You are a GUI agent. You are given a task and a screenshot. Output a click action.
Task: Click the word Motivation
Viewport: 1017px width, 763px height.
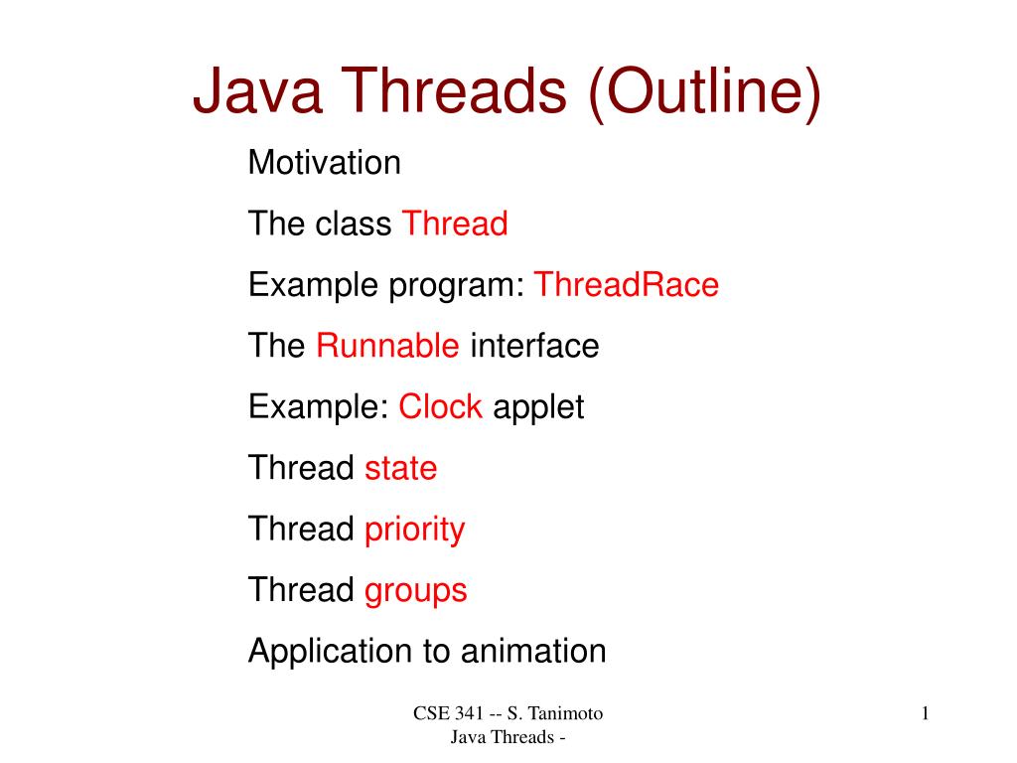[324, 162]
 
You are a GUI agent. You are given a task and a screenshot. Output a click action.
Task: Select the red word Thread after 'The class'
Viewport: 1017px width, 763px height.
[454, 224]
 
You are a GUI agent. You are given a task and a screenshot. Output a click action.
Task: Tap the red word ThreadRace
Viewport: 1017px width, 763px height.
[626, 285]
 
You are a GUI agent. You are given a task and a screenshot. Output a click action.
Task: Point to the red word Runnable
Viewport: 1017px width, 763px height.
[387, 347]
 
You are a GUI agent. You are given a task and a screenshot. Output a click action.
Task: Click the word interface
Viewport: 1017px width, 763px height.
[534, 347]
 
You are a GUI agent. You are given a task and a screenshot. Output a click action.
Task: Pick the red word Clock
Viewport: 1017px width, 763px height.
[440, 407]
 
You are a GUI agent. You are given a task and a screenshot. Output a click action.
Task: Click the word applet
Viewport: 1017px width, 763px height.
[538, 408]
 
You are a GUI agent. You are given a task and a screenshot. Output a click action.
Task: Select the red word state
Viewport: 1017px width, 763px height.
[400, 468]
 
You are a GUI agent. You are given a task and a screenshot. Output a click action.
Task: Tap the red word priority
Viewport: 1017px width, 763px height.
[414, 530]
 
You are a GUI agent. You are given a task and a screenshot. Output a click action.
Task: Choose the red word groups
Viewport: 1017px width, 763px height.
[415, 591]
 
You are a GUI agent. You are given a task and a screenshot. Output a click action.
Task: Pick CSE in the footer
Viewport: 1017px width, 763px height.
[429, 713]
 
